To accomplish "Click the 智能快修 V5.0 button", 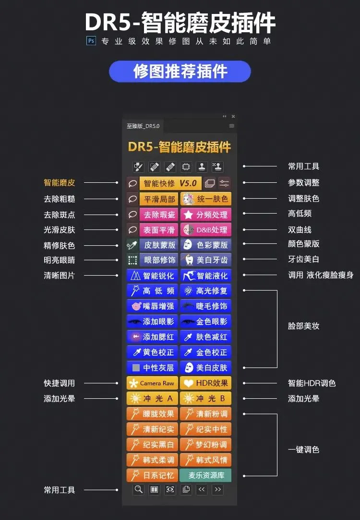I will [170, 183].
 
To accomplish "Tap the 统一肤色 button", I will [206, 199].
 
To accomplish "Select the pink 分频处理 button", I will [206, 214].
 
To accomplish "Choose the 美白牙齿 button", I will [206, 260].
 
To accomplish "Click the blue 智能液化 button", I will [206, 276].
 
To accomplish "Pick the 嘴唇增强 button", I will [152, 306].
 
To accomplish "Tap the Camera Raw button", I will [152, 383].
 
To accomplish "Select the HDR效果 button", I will [206, 383].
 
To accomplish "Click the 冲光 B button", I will [206, 399].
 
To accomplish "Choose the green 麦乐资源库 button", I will [206, 475].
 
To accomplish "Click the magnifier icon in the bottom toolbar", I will [138, 490].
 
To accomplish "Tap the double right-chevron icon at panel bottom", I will [217, 490].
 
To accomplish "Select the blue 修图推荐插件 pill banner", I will [180, 72].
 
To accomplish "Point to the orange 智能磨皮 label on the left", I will [60, 183].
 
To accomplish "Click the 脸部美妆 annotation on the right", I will [304, 326].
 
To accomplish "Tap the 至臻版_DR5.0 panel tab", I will [143, 126].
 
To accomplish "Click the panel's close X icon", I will [233, 116].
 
